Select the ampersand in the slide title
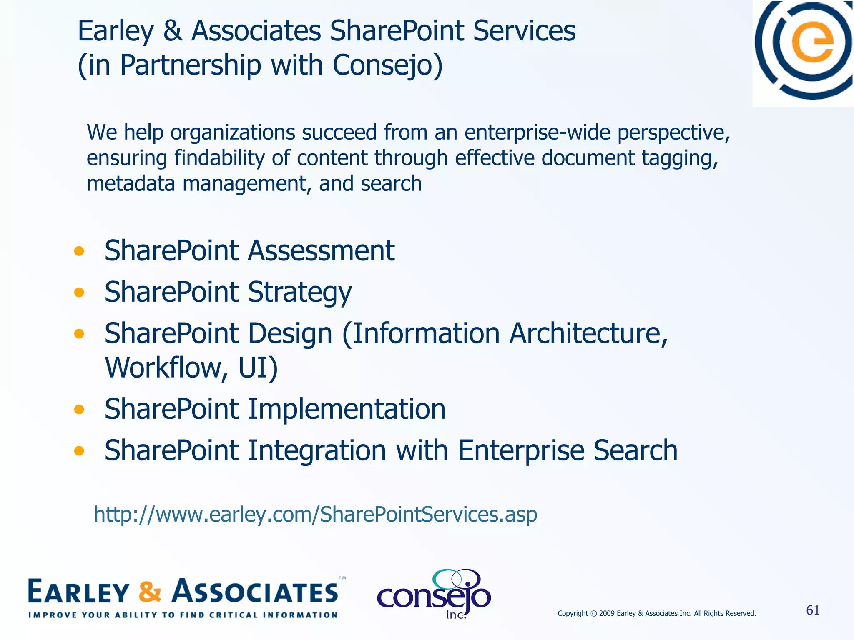click(173, 31)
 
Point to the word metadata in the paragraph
click(131, 184)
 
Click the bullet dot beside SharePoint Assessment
click(79, 251)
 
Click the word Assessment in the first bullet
click(321, 251)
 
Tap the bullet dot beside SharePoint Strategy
click(79, 292)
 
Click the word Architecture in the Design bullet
click(588, 334)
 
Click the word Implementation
click(347, 409)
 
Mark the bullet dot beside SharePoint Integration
click(79, 450)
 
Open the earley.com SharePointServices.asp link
click(315, 515)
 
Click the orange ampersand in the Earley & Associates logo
click(150, 592)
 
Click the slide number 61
click(813, 610)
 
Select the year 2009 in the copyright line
click(607, 613)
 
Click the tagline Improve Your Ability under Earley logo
click(183, 615)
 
